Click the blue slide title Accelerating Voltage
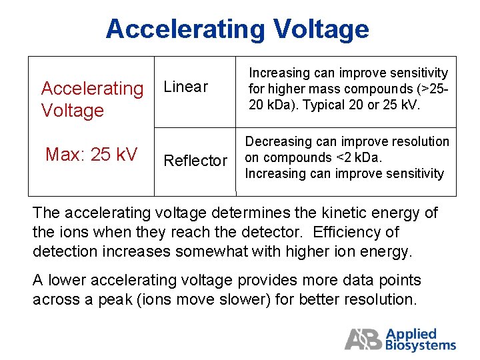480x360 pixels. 237,29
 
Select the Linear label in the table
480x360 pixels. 185,87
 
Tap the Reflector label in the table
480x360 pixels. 195,161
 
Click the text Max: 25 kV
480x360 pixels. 91,155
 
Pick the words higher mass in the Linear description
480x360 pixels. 299,89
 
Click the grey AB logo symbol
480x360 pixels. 363,339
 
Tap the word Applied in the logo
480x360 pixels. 411,333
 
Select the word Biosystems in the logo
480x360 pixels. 421,345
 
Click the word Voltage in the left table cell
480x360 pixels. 72,110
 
